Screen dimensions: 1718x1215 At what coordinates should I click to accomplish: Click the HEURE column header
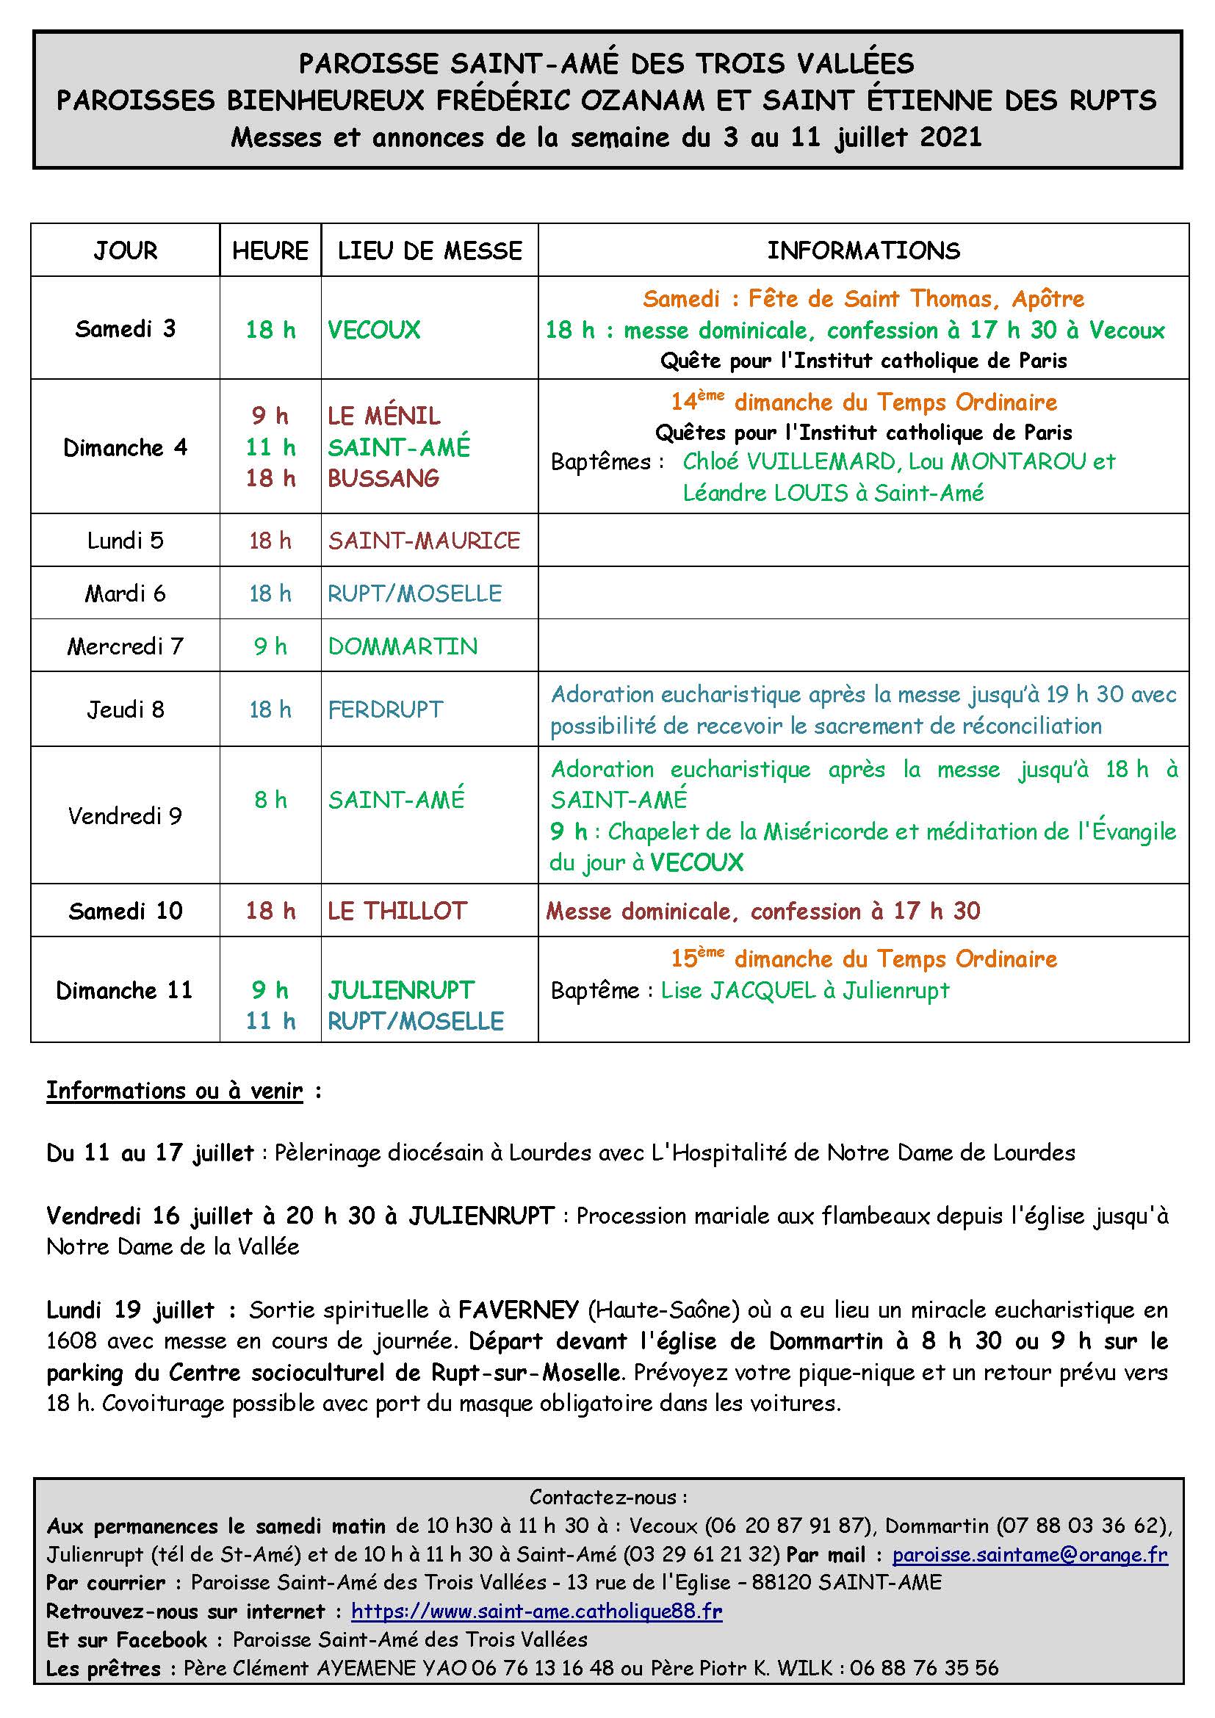point(270,250)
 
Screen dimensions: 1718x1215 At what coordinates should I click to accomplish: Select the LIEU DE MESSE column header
point(430,250)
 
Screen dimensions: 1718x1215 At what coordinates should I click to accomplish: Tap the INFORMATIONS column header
point(863,250)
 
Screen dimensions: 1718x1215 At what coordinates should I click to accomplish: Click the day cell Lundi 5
point(125,541)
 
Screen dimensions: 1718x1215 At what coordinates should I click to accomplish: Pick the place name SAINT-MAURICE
point(423,541)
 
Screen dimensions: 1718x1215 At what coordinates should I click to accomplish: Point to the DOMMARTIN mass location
point(403,646)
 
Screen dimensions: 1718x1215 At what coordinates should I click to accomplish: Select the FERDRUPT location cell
point(386,710)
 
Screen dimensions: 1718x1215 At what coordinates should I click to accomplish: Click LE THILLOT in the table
point(397,911)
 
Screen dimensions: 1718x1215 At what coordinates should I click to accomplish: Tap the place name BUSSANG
point(383,478)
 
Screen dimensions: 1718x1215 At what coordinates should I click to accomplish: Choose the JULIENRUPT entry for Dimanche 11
point(401,990)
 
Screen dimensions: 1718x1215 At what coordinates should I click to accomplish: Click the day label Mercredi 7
point(125,646)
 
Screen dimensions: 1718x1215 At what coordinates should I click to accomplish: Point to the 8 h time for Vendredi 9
point(270,800)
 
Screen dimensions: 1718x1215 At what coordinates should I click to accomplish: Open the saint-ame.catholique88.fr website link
point(536,1611)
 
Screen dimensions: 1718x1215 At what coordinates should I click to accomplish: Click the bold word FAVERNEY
point(519,1310)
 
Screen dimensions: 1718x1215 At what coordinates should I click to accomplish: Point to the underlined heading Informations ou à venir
point(175,1091)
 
